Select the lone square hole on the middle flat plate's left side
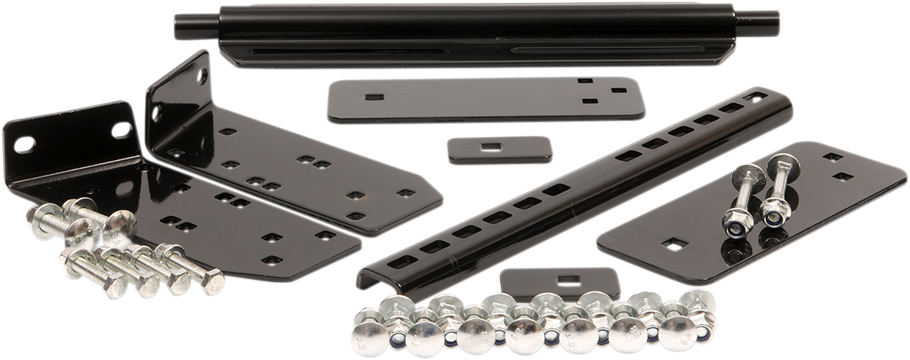(374, 97)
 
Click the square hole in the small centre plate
(487, 145)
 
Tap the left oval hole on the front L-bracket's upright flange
(24, 144)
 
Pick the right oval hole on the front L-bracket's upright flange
(120, 130)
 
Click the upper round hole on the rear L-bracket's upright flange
(203, 76)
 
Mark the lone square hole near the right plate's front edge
(675, 244)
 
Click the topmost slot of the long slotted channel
(755, 97)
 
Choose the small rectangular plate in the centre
(500, 149)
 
